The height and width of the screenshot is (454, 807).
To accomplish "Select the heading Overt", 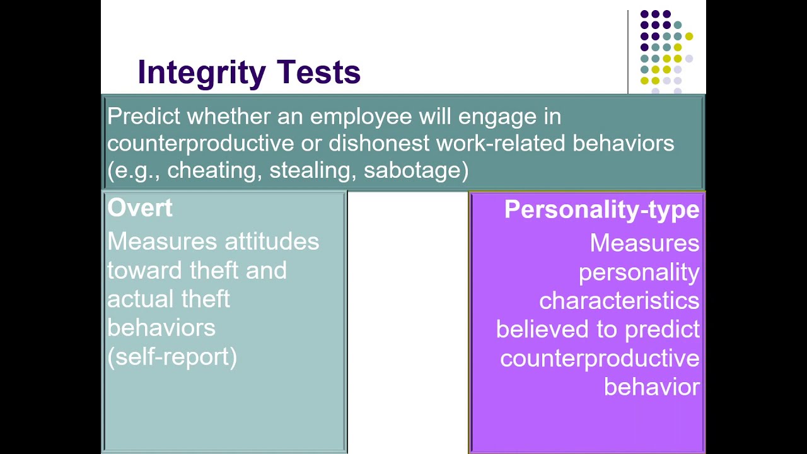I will click(x=140, y=208).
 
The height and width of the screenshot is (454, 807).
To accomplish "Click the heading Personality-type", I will click(x=601, y=210).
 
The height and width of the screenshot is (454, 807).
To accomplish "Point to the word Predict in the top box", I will click(x=144, y=117).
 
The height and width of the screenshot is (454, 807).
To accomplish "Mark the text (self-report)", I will click(x=172, y=357).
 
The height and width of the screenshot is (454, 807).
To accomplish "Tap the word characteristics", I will click(x=619, y=301).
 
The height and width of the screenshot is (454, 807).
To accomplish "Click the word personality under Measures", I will click(x=639, y=272).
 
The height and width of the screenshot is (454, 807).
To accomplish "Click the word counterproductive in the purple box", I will click(x=600, y=358).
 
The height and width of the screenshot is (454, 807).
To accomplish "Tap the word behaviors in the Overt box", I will click(x=161, y=328).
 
